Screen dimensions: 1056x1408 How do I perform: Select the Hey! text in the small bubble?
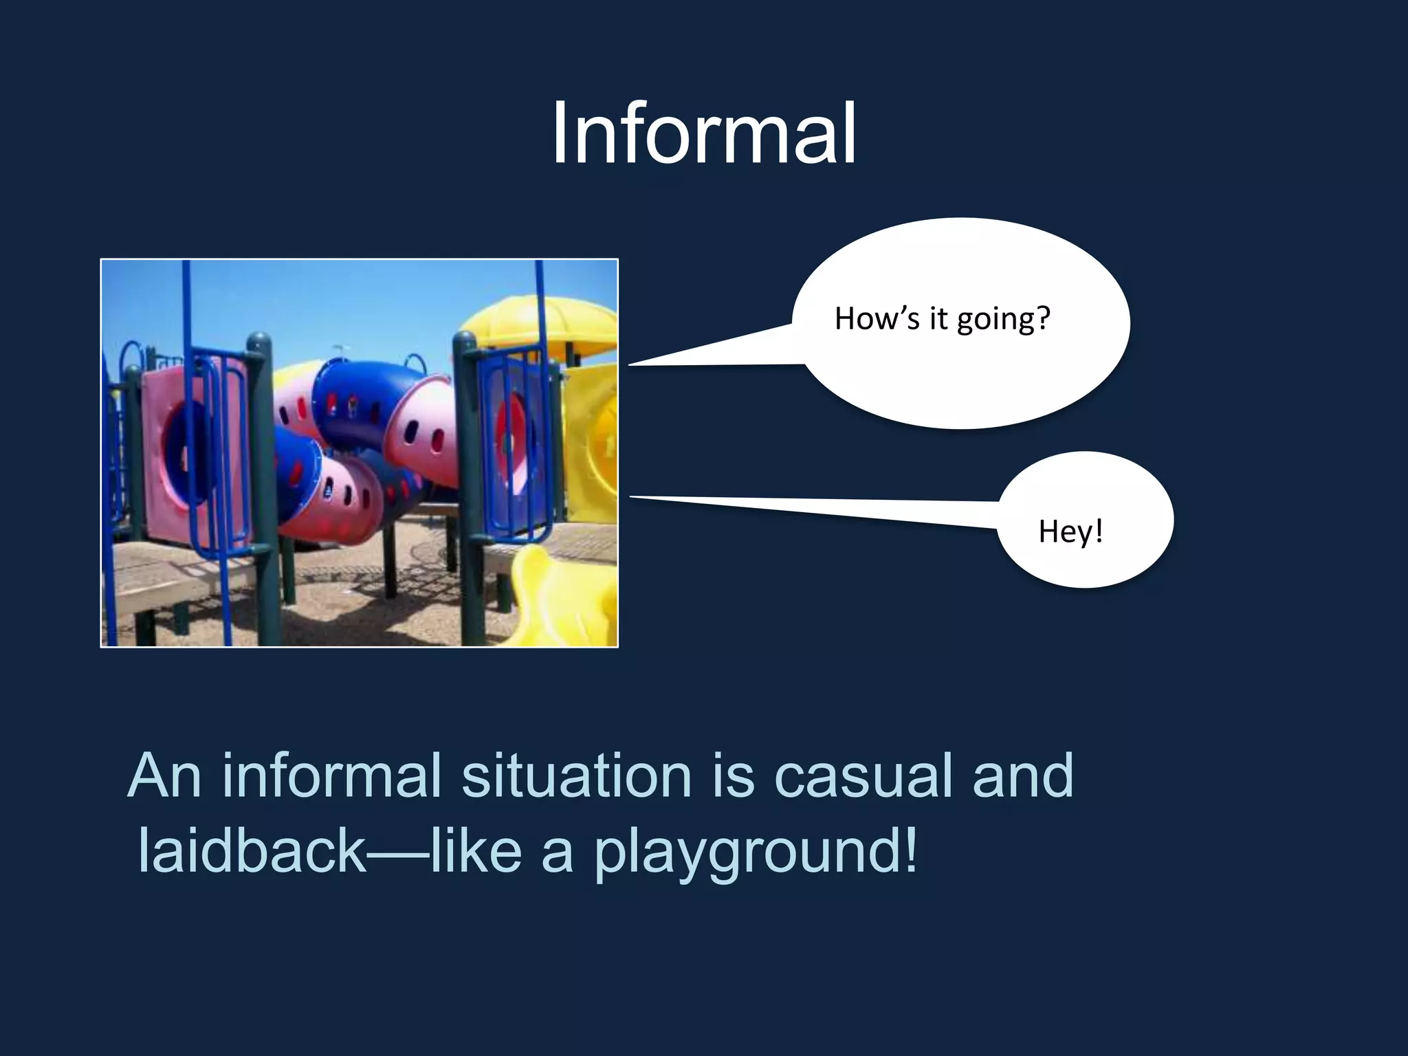point(1070,531)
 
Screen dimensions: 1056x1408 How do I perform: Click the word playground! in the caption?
point(755,851)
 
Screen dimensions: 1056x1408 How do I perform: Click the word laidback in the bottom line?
point(251,851)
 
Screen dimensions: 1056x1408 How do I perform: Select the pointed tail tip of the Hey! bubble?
point(631,496)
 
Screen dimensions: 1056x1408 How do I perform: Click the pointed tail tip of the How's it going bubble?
point(630,364)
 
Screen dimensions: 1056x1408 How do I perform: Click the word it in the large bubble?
point(938,319)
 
